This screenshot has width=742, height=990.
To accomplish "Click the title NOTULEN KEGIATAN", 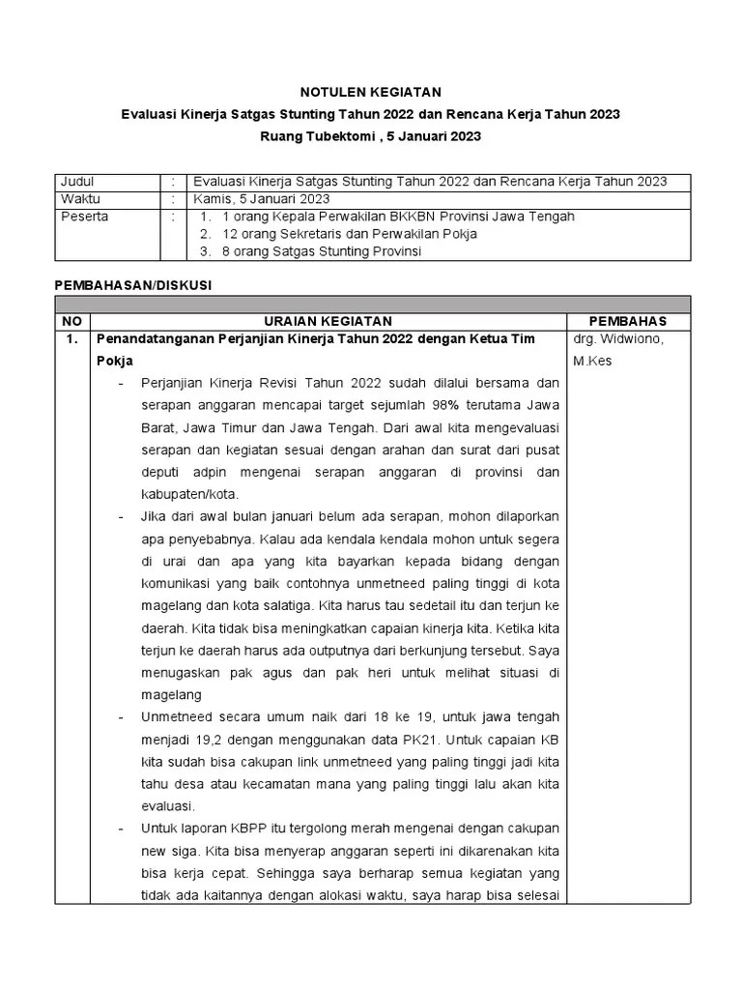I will click(x=371, y=92).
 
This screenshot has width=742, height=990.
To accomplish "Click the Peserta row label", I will click(x=84, y=217).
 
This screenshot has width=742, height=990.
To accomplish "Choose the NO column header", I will click(x=71, y=321).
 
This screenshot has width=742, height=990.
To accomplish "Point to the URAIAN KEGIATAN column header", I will click(x=328, y=321).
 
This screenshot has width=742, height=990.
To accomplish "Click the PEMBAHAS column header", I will click(x=628, y=321).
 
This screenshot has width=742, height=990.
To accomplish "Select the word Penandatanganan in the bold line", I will click(x=154, y=338).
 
